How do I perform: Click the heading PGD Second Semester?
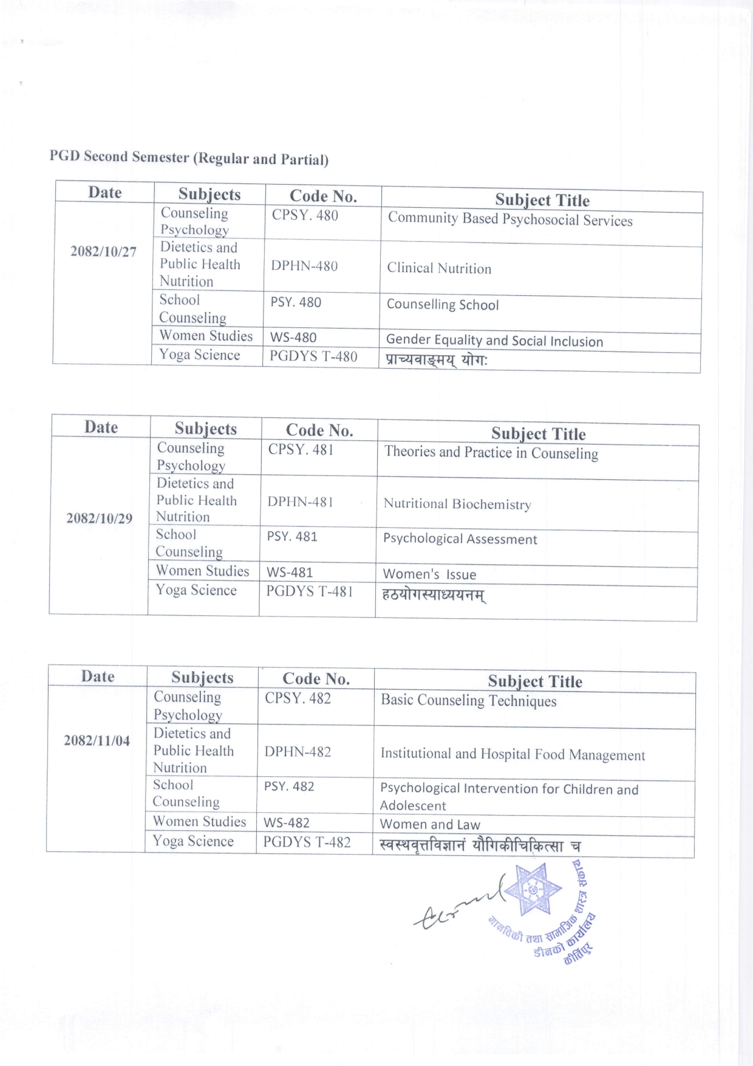click(189, 157)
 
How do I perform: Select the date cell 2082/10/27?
click(103, 251)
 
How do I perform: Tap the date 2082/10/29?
click(100, 518)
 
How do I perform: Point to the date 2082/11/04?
click(97, 740)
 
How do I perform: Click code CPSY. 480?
click(305, 215)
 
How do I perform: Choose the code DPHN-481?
click(300, 502)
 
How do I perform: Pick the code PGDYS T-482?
click(307, 842)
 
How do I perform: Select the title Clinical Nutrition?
click(439, 268)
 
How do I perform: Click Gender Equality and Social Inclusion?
click(494, 340)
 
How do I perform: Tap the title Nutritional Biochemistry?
click(457, 504)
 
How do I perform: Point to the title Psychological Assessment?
click(460, 539)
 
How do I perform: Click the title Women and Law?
click(430, 824)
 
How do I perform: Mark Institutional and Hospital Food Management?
click(513, 754)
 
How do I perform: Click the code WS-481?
click(290, 572)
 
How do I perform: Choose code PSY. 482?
click(289, 786)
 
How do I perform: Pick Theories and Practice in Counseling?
click(491, 453)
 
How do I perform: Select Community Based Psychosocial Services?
click(510, 219)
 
